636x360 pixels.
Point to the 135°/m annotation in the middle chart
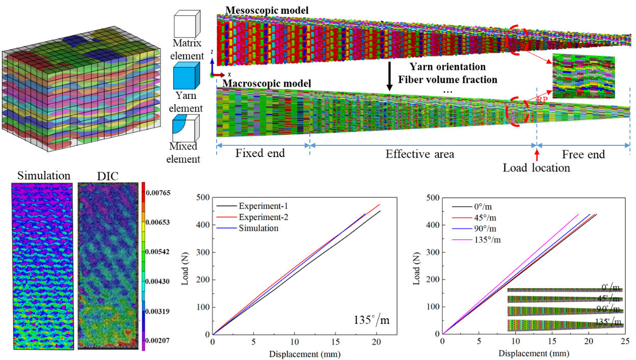tap(372, 320)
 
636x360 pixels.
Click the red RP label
tap(542, 100)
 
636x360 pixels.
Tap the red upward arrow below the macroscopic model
tap(537, 156)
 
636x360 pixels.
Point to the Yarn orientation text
tap(447, 67)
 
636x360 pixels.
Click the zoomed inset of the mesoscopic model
tap(584, 77)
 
